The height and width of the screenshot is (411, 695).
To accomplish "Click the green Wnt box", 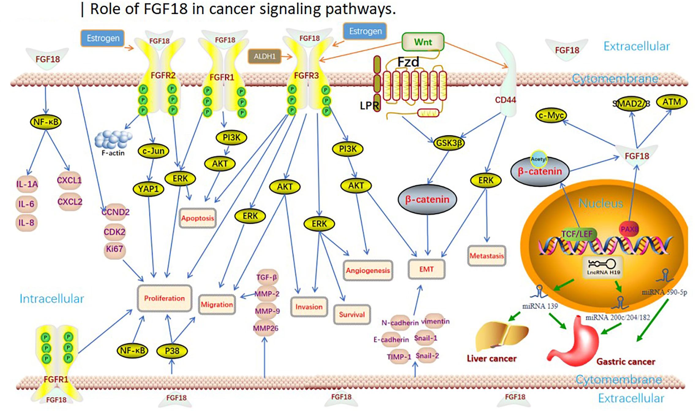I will [423, 42].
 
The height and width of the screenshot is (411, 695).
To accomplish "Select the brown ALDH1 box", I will [264, 56].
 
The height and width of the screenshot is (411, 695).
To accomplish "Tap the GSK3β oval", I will [449, 143].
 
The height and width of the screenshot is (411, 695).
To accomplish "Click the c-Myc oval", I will [551, 115].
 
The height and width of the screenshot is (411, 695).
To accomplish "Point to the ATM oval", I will [671, 102].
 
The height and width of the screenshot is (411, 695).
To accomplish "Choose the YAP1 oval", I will [148, 189].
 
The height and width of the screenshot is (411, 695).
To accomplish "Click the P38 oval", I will [172, 351].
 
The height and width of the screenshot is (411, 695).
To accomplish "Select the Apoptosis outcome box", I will [198, 218].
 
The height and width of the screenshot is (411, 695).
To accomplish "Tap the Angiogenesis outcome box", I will [368, 271].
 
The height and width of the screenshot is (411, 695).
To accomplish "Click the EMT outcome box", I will [426, 269].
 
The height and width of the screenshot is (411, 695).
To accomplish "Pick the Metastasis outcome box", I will [487, 256].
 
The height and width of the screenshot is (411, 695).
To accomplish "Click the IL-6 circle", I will [26, 204].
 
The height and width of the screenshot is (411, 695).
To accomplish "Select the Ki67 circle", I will [114, 249].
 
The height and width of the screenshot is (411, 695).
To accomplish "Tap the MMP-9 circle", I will [267, 311].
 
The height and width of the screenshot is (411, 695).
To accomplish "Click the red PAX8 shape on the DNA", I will [629, 229].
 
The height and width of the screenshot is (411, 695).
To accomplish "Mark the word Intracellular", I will [52, 299].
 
